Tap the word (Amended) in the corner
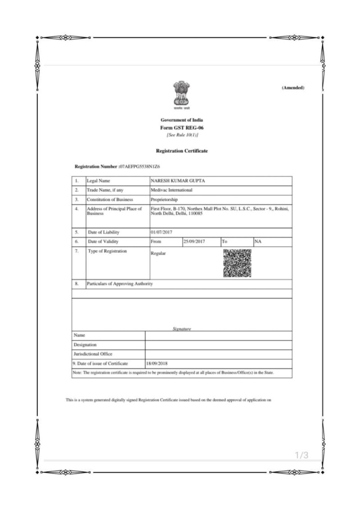tap(293, 87)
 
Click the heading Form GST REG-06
tap(182, 127)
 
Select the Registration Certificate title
tap(182, 151)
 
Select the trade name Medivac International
tap(171, 190)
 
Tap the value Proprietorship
tap(164, 199)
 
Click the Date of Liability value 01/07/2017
tap(162, 232)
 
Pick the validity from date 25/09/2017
tap(195, 242)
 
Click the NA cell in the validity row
tap(258, 242)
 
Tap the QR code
tap(237, 263)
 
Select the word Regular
tap(158, 253)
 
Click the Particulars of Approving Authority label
tap(120, 284)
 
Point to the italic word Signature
tap(182, 329)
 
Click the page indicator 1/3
tap(301, 456)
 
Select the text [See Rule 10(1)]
tap(182, 135)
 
